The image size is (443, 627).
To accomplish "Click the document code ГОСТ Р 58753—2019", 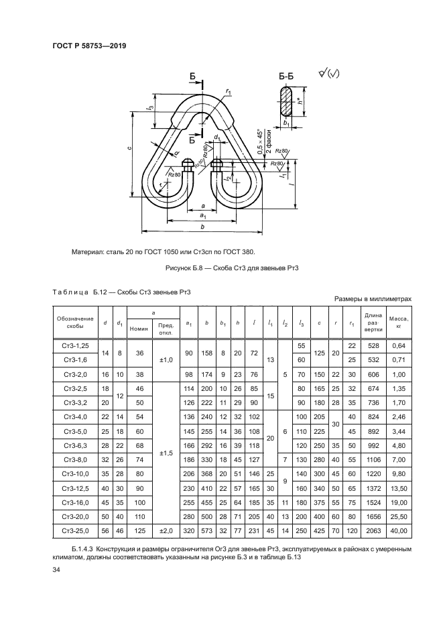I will [x=89, y=46].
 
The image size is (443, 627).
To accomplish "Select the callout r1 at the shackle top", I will [x=229, y=92].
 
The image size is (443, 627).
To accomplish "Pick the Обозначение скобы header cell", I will [x=75, y=323].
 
